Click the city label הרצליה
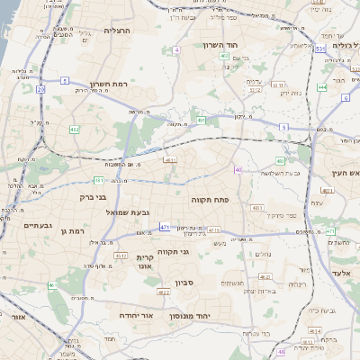coord(117,31)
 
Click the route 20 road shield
coord(40,90)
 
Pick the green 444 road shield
coord(322,87)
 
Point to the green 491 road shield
coord(201,120)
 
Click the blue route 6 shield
coord(346,97)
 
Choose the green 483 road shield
coord(281,161)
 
